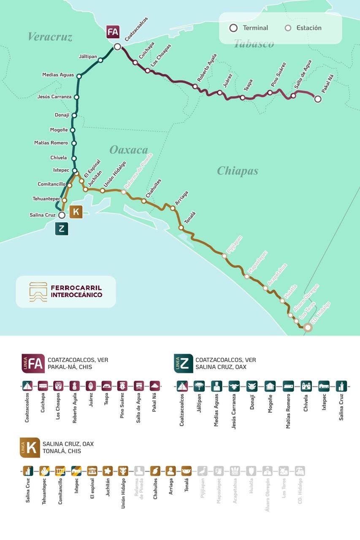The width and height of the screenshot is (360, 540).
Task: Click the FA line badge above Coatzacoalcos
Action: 113,32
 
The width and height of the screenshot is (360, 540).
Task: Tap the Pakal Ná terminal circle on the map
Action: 318,99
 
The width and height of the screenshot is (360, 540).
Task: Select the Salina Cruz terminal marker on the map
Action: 62,215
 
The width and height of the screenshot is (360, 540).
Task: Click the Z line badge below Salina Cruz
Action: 62,229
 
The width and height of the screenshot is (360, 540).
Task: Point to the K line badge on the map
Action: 76,212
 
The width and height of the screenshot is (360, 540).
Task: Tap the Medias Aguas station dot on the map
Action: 78,76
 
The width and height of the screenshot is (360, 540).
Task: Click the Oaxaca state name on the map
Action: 129,150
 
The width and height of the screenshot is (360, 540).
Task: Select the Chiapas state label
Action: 237,171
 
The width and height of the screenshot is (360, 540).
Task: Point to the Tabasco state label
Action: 254,43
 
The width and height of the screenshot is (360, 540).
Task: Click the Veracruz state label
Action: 50,37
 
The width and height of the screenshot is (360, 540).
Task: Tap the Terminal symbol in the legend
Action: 233,28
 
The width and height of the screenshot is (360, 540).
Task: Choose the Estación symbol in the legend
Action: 288,28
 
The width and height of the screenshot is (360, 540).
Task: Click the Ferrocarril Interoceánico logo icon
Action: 38,292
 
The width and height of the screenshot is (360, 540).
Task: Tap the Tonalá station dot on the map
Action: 181,227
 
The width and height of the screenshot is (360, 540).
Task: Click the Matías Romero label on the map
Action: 51,143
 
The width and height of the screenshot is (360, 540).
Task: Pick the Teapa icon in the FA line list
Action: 106,386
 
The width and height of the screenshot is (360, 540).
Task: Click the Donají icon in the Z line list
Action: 252,386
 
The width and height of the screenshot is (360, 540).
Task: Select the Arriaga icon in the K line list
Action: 171,471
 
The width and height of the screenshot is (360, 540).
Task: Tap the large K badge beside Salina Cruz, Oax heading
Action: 30,448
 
